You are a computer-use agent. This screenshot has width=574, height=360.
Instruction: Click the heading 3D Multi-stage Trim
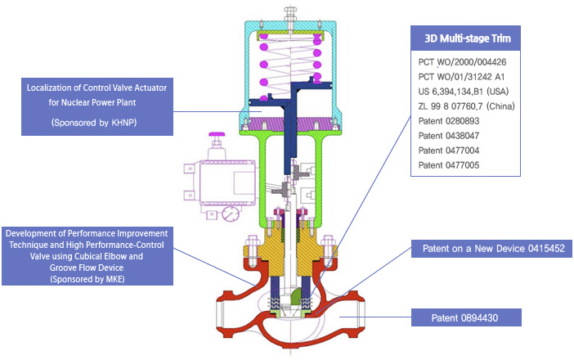468,38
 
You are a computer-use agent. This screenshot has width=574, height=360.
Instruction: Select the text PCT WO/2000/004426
462,62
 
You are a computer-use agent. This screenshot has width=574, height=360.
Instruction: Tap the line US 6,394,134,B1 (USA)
464,91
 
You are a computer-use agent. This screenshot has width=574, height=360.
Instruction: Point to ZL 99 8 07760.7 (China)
466,106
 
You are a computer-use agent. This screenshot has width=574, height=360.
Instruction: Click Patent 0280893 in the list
449,121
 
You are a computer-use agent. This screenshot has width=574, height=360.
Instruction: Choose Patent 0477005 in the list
449,165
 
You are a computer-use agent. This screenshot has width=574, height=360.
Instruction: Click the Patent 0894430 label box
466,317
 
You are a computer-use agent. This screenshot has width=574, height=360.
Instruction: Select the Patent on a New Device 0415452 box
491,249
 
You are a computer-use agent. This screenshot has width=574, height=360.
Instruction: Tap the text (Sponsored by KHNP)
94,123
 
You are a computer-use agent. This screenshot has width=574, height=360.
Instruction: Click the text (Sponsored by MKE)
87,279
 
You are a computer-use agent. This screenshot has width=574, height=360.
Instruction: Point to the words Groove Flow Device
87,268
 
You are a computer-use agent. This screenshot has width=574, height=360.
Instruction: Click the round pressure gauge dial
231,214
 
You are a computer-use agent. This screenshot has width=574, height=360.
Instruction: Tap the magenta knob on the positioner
217,134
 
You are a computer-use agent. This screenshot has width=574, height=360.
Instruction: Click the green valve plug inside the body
296,296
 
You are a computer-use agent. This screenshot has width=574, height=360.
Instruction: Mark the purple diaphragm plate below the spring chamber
290,124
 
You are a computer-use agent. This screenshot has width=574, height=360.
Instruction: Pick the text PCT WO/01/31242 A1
461,77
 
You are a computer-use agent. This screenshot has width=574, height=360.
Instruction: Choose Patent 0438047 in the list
449,136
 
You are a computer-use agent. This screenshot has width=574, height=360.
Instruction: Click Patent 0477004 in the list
449,151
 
